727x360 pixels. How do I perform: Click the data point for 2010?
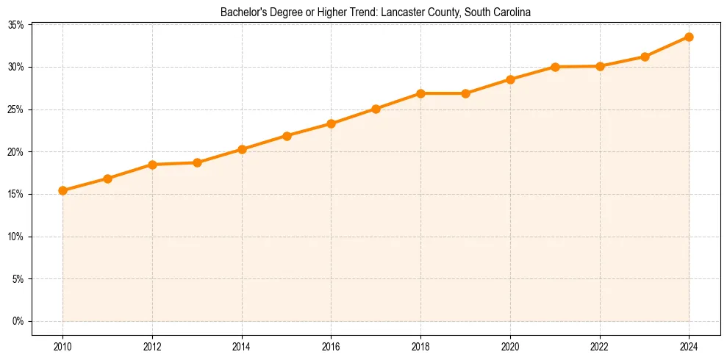click(62, 190)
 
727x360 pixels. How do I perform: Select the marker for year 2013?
click(197, 162)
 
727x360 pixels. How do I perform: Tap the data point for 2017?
click(376, 109)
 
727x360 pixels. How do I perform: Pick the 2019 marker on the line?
click(465, 93)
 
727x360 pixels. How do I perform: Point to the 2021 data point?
click(555, 67)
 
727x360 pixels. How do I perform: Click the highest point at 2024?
click(689, 37)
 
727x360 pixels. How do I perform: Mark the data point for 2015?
click(287, 136)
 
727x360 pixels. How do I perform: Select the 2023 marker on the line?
click(645, 57)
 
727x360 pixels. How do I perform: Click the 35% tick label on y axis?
click(15, 25)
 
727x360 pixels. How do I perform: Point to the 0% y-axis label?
click(18, 321)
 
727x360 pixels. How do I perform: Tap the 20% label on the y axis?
click(15, 152)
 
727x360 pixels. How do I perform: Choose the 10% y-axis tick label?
click(15, 237)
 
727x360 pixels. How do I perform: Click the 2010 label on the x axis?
click(62, 346)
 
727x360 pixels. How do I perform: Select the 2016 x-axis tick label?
click(331, 346)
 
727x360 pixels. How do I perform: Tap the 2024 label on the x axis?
click(689, 346)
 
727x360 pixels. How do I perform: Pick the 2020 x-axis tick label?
click(510, 346)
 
